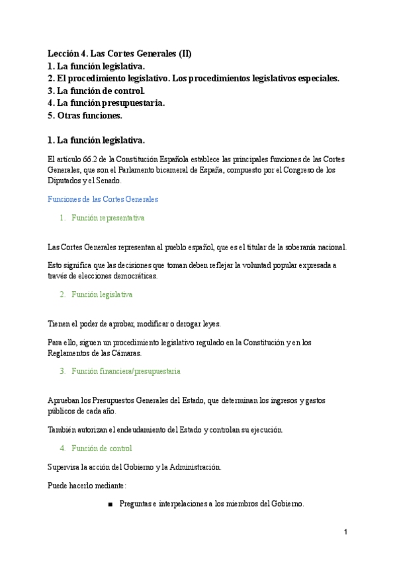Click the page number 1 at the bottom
pyautogui.click(x=345, y=532)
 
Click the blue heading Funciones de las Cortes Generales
pyautogui.click(x=103, y=199)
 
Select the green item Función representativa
pyautogui.click(x=108, y=218)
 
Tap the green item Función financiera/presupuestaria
pyautogui.click(x=126, y=372)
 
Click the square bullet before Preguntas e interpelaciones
pyautogui.click(x=110, y=505)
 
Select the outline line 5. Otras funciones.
pyautogui.click(x=85, y=116)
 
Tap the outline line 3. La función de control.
pyautogui.click(x=96, y=91)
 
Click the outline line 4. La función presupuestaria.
pyautogui.click(x=107, y=103)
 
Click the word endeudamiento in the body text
pyautogui.click(x=140, y=429)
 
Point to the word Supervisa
pyautogui.click(x=64, y=467)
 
